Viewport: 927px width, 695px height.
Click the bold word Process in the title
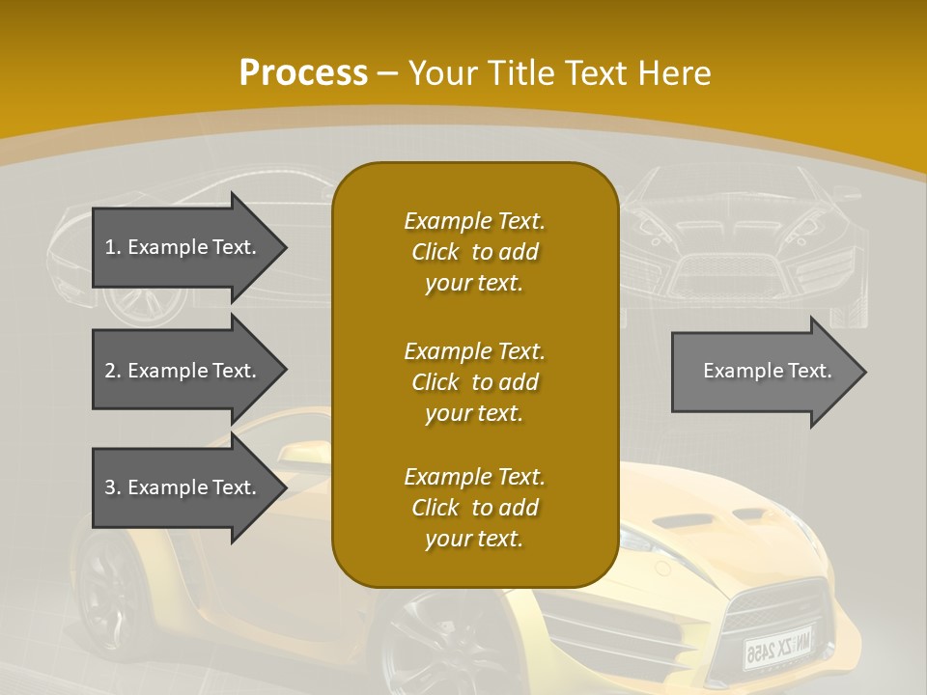click(x=303, y=72)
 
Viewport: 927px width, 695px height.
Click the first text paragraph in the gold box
click(x=474, y=252)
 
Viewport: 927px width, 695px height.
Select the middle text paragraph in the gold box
click(x=474, y=381)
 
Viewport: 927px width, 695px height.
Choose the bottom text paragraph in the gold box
click(x=474, y=508)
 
